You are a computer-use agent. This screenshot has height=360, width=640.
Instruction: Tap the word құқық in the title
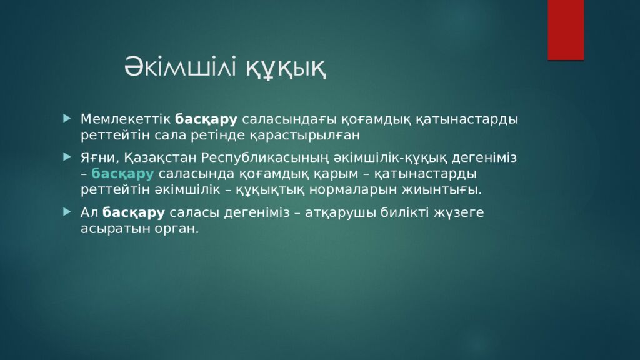(286, 68)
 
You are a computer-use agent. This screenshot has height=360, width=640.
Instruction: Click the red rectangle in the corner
(566, 30)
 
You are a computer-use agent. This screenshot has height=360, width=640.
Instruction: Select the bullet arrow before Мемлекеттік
(67, 118)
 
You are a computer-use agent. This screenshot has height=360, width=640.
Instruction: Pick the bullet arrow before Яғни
(67, 157)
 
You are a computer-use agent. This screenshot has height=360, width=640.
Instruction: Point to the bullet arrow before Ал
(67, 211)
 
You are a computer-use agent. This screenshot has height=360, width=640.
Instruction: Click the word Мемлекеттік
(125, 119)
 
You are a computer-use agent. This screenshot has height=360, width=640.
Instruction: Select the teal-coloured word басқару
(122, 174)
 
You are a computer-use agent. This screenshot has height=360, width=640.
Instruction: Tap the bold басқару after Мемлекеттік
(206, 119)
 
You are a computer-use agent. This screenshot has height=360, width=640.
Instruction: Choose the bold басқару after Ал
(134, 212)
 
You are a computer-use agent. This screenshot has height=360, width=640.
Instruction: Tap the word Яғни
(99, 157)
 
